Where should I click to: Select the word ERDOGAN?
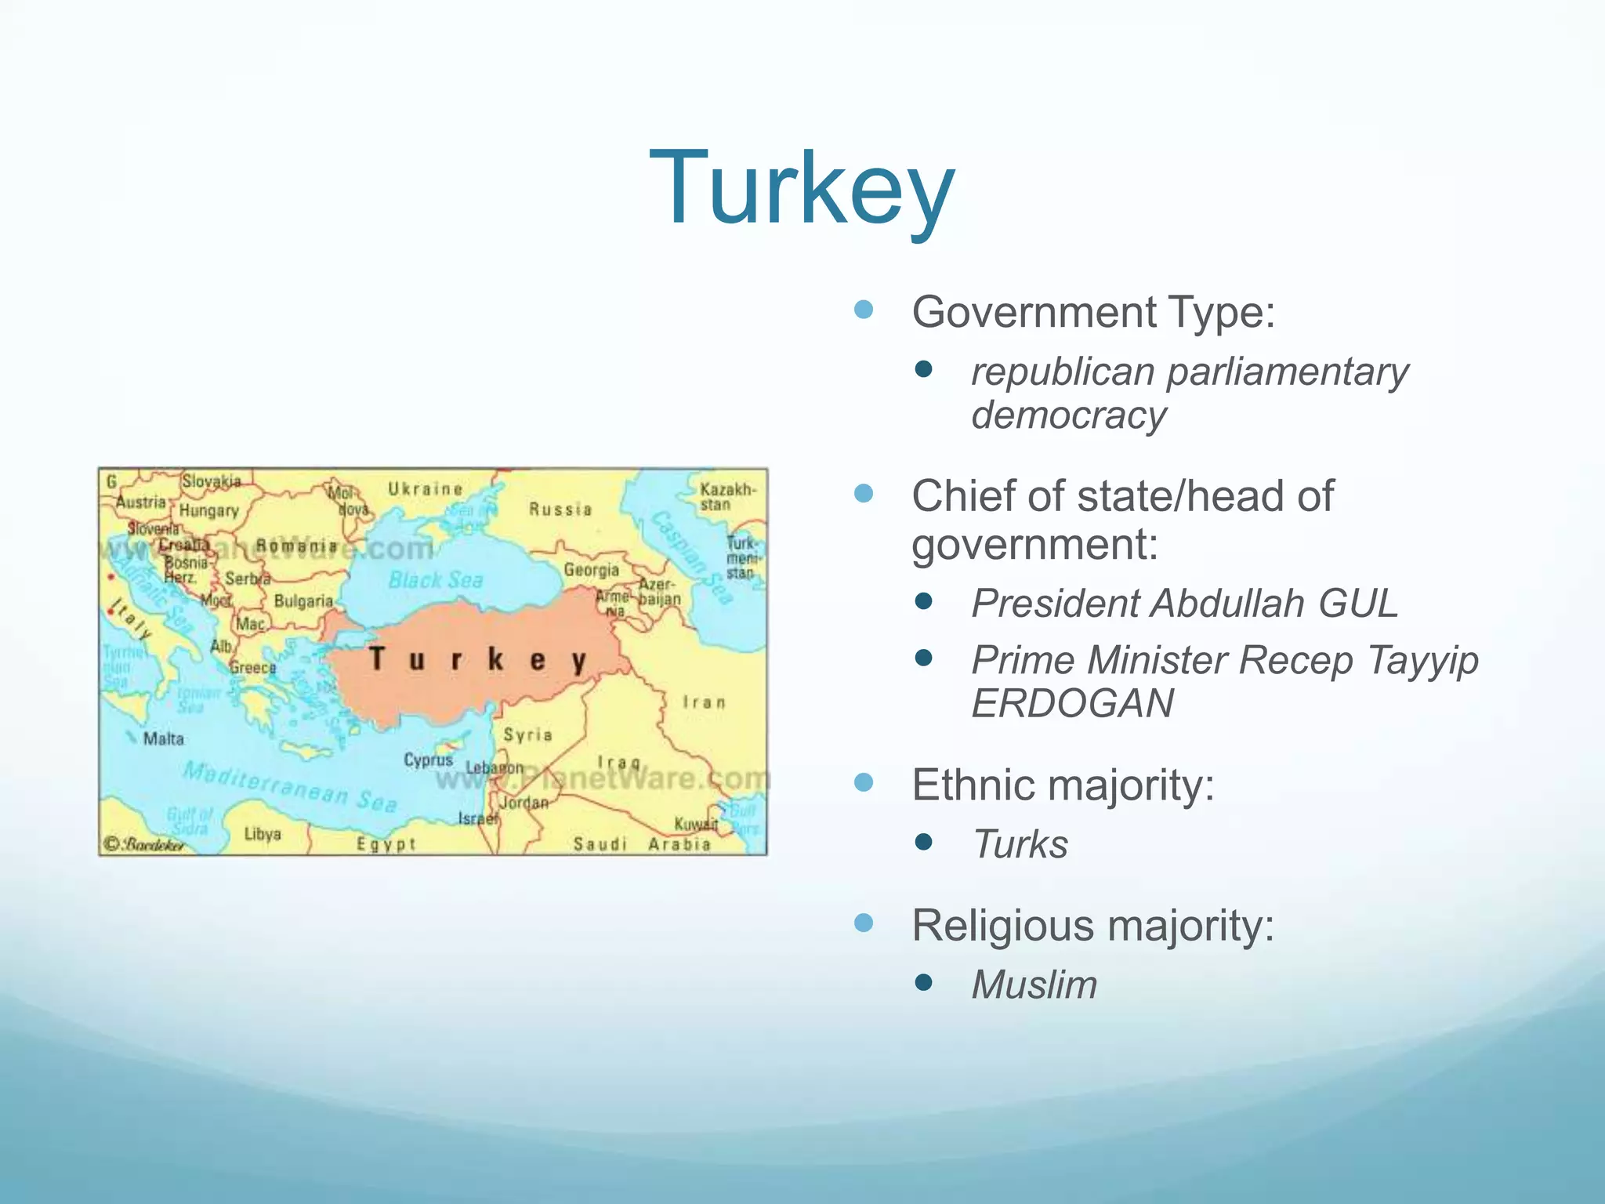[x=1072, y=703]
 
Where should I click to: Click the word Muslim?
[x=1034, y=985]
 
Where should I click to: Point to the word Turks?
[x=1020, y=844]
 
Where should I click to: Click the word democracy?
[x=1069, y=415]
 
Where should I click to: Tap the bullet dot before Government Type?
[x=864, y=310]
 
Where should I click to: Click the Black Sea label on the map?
[x=436, y=580]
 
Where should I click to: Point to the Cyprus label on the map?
[x=428, y=760]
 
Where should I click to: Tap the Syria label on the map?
[x=527, y=734]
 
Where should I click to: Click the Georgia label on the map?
[x=591, y=570]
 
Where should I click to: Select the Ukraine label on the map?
[x=426, y=489]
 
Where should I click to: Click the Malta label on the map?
[x=163, y=738]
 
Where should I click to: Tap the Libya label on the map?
[x=262, y=833]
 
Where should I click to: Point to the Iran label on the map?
[x=704, y=702]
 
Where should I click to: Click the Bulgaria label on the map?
[x=303, y=601]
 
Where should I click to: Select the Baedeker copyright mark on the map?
[x=146, y=844]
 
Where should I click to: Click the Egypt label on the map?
[x=386, y=844]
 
